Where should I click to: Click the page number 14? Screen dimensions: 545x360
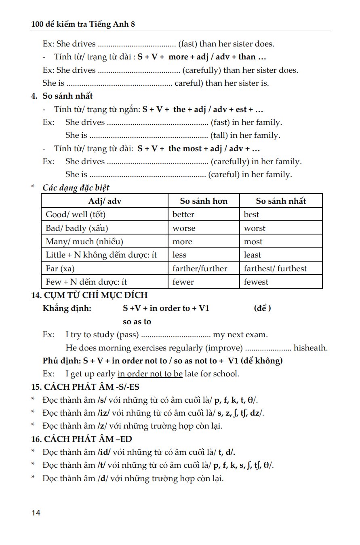click(x=36, y=513)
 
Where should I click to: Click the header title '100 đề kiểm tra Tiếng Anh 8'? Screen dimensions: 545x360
click(x=83, y=24)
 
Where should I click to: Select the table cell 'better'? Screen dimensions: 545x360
click(x=183, y=215)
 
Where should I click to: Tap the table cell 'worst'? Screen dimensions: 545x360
click(x=255, y=228)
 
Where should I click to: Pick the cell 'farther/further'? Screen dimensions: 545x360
click(x=200, y=269)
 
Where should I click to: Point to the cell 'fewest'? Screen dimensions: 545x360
click(x=256, y=282)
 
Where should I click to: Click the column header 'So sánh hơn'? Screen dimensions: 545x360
click(x=204, y=201)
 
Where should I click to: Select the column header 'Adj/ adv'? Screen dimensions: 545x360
click(x=105, y=201)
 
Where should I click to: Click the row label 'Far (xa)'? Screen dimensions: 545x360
click(x=60, y=269)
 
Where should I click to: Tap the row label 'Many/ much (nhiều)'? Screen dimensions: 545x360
click(x=84, y=242)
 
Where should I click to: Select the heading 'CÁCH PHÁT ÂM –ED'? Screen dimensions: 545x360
click(x=88, y=439)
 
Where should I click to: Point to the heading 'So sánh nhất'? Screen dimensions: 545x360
click(x=67, y=96)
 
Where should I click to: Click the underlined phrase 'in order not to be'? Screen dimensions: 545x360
click(x=150, y=374)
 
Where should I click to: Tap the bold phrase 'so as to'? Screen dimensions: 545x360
click(x=137, y=322)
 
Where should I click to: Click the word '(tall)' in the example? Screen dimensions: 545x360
click(x=219, y=135)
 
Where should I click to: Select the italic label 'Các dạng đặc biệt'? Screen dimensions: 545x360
click(x=76, y=188)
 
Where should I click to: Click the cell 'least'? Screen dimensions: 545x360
click(x=253, y=255)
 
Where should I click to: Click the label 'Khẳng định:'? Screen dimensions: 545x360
click(x=67, y=308)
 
